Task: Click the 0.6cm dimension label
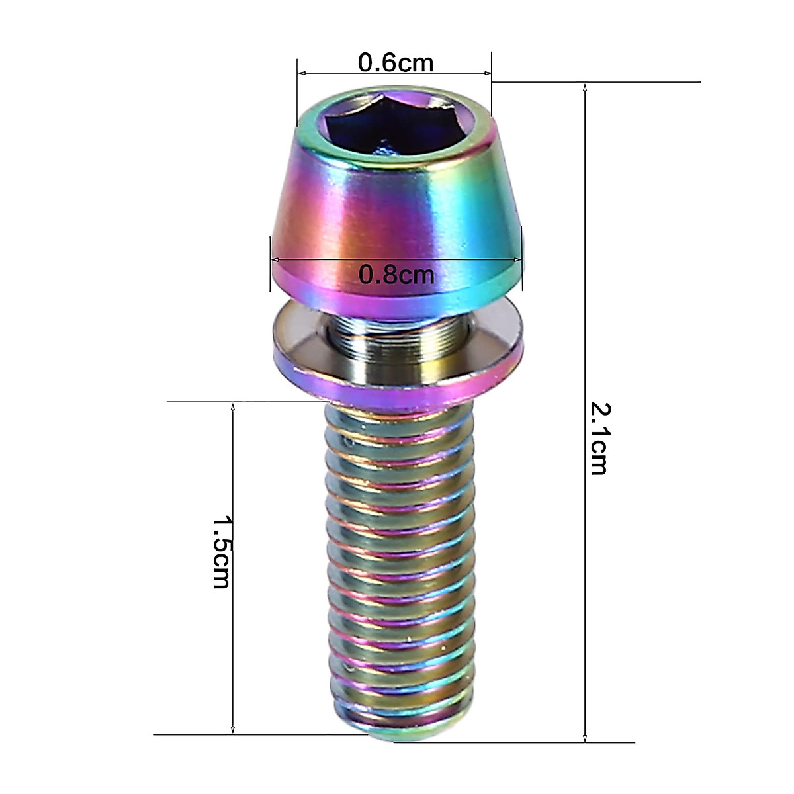tap(396, 63)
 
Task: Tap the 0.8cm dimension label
tap(396, 273)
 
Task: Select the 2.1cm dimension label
tap(599, 438)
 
